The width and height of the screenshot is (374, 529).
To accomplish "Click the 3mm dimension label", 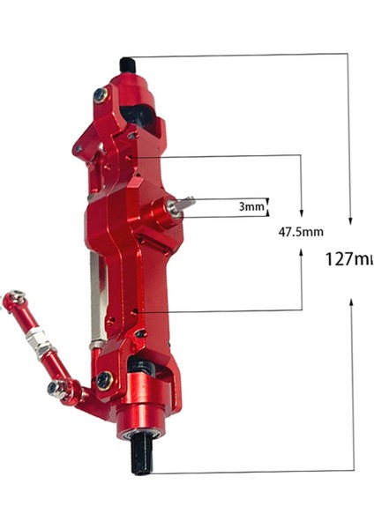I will point(251,208).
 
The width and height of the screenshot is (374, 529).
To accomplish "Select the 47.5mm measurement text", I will point(301,233).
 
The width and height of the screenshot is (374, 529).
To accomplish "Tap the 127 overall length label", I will point(349,259).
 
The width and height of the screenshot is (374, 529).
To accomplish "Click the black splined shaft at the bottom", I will point(141,457).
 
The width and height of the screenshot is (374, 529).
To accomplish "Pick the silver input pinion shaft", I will point(184,204).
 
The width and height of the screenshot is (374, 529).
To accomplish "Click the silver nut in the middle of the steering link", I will point(35,336).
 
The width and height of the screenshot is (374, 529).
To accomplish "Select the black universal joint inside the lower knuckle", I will point(141,366).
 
